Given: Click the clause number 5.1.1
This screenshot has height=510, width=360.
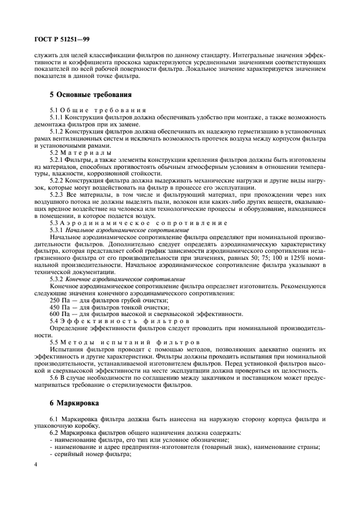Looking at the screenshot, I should coord(57,117).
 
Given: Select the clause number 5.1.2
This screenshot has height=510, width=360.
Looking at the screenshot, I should coord(57,131).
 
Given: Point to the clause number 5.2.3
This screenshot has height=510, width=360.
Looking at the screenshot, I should coord(57,195).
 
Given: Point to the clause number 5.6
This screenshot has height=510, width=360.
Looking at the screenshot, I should coord(54,378).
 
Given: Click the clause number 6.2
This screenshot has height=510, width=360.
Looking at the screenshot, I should coord(54,433).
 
